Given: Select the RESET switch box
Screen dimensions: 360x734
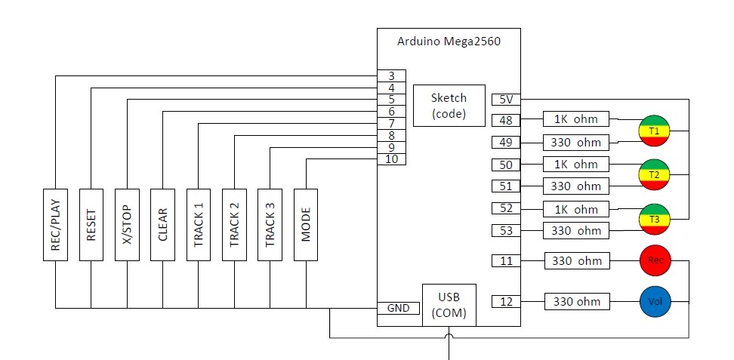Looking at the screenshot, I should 91,224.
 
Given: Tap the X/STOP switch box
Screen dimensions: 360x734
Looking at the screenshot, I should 126,224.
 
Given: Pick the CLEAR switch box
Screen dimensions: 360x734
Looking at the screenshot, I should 162,224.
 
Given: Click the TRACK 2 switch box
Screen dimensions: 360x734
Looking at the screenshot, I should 234,224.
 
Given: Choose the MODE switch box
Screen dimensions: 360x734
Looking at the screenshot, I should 306,224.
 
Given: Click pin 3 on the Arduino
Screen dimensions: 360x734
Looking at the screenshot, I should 392,75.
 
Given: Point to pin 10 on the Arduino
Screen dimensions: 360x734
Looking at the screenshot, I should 392,159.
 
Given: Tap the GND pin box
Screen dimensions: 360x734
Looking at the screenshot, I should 398,308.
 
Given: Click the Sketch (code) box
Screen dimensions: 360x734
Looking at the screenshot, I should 449,106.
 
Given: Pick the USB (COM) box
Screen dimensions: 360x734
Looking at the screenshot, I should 449,306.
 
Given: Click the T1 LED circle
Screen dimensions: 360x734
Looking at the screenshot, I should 654,130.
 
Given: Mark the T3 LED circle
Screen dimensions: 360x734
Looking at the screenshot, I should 654,219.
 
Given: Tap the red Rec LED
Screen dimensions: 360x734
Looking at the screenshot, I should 655,261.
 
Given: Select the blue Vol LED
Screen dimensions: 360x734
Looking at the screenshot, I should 655,302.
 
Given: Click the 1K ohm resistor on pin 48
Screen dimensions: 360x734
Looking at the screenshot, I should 576,119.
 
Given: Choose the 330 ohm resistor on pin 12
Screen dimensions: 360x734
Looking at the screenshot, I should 577,302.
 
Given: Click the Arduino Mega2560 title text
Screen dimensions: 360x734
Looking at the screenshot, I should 448,42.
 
